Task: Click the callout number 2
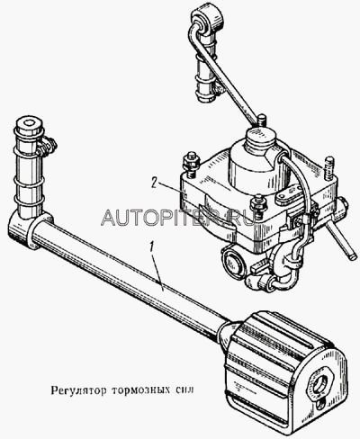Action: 155,183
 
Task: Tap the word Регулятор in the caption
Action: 78,391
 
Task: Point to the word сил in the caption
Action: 184,390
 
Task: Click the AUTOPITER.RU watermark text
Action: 177,217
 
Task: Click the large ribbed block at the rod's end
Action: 285,369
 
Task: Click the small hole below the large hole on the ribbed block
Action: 321,404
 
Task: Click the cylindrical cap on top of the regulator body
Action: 260,156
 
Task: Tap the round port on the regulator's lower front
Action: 231,257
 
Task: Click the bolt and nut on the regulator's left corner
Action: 191,164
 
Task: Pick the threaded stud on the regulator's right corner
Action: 329,167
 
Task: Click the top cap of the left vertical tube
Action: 29,127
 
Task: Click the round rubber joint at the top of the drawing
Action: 208,20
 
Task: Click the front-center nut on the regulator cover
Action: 257,205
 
